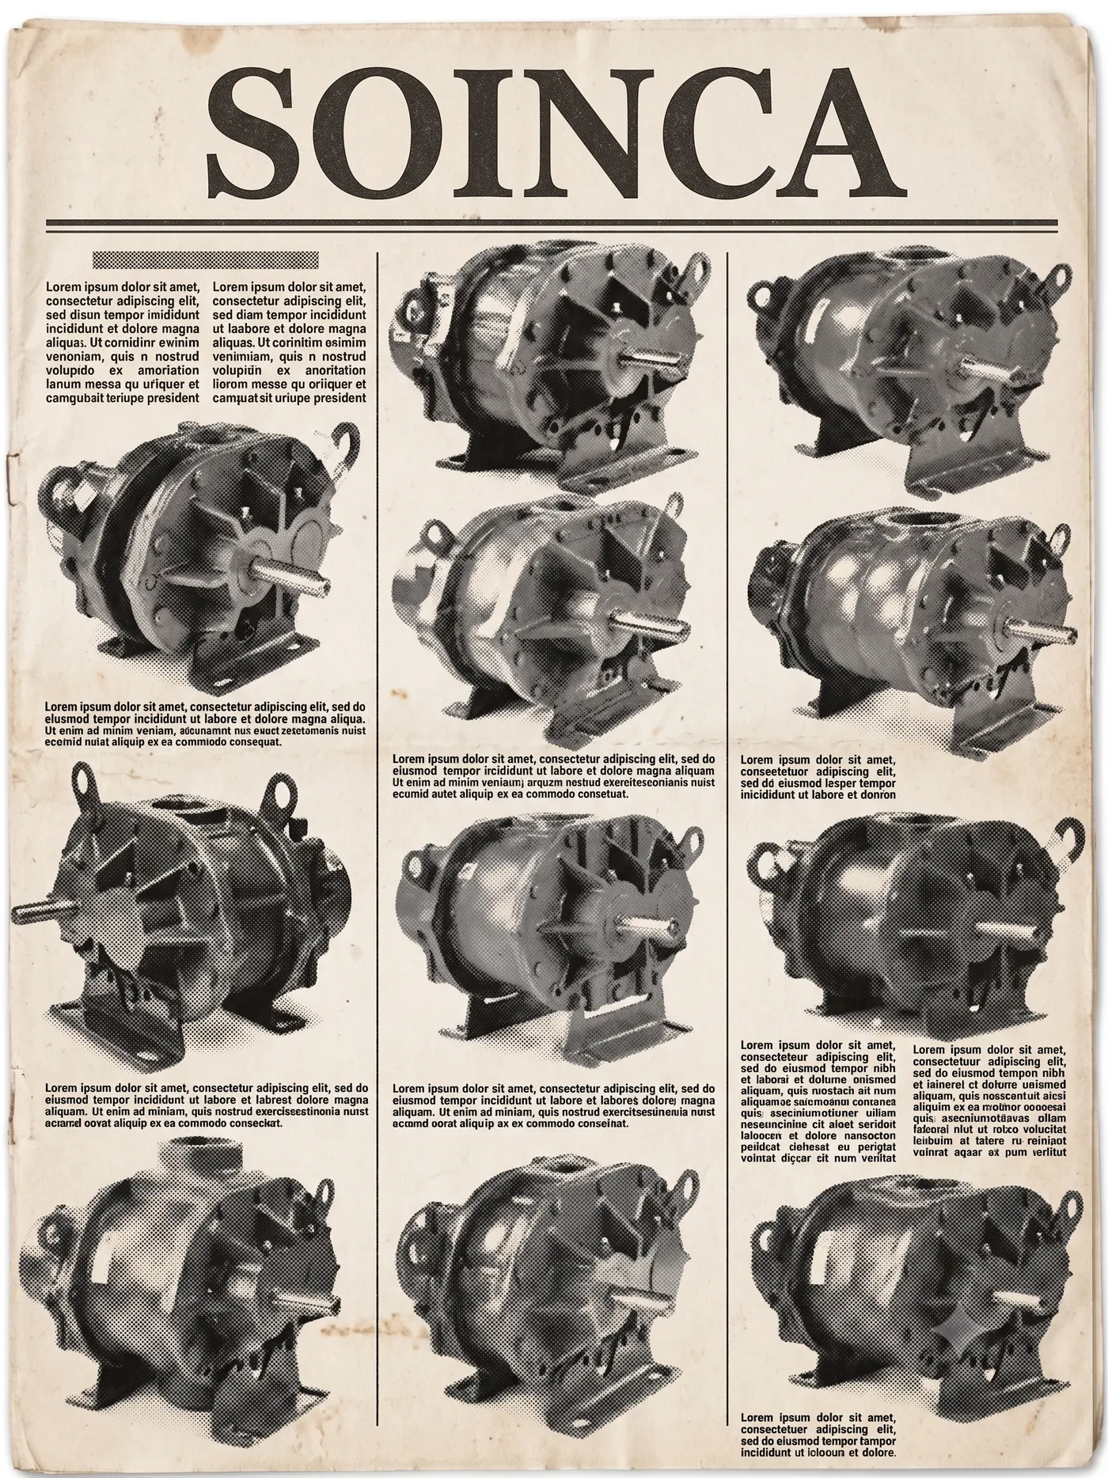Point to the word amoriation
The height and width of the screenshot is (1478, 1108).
(165, 369)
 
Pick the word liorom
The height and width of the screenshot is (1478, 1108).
(232, 384)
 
